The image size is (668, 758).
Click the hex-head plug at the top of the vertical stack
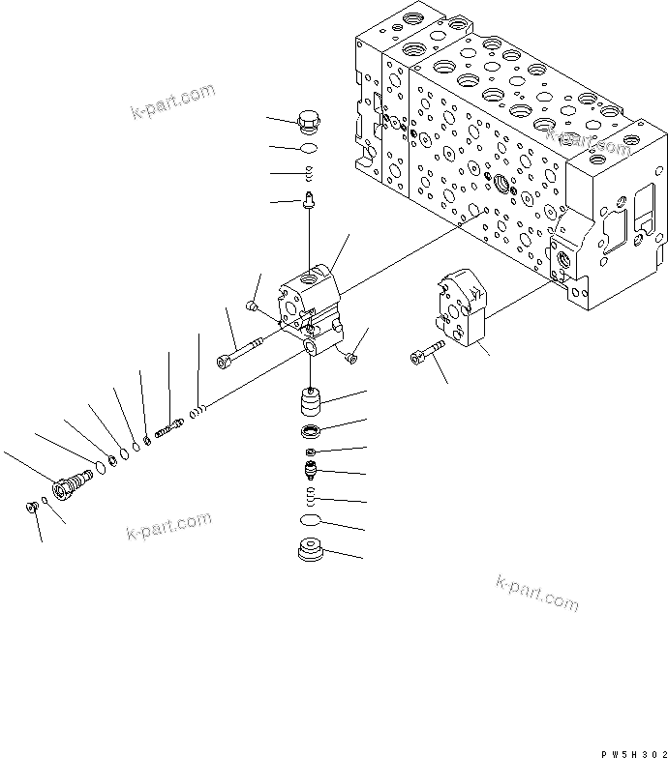click(x=310, y=123)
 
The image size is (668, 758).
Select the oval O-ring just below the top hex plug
click(x=309, y=149)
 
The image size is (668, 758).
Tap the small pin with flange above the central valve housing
click(x=309, y=201)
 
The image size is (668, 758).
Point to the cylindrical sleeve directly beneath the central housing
click(x=310, y=400)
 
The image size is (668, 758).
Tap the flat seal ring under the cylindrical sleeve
click(x=310, y=430)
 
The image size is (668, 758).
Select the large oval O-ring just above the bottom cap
click(x=310, y=522)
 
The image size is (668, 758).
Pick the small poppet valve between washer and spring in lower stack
click(x=310, y=473)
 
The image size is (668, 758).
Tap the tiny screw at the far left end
click(x=31, y=506)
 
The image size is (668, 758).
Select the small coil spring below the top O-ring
click(x=309, y=174)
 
